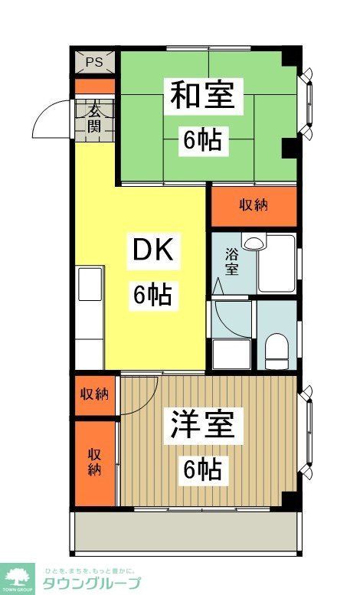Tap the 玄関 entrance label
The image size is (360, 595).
pyautogui.click(x=94, y=117)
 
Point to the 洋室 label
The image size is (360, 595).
pyautogui.click(x=202, y=426)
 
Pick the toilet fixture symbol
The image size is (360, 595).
pyautogui.click(x=276, y=351)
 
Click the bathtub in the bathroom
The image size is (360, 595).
pyautogui.click(x=277, y=263)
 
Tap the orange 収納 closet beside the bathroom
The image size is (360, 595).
pyautogui.click(x=253, y=205)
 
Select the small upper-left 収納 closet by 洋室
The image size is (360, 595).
pyautogui.click(x=95, y=394)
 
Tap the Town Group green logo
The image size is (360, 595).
pyautogui.click(x=18, y=578)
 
